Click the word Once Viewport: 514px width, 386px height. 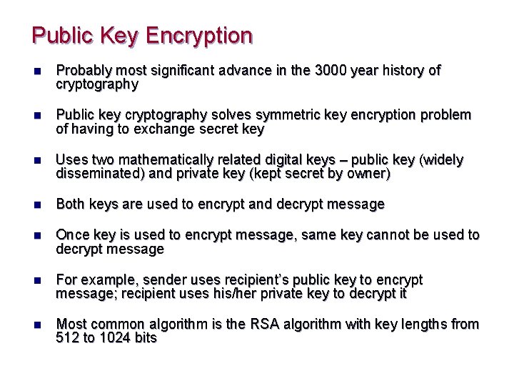click(x=72, y=235)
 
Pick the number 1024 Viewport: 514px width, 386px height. click(x=116, y=338)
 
